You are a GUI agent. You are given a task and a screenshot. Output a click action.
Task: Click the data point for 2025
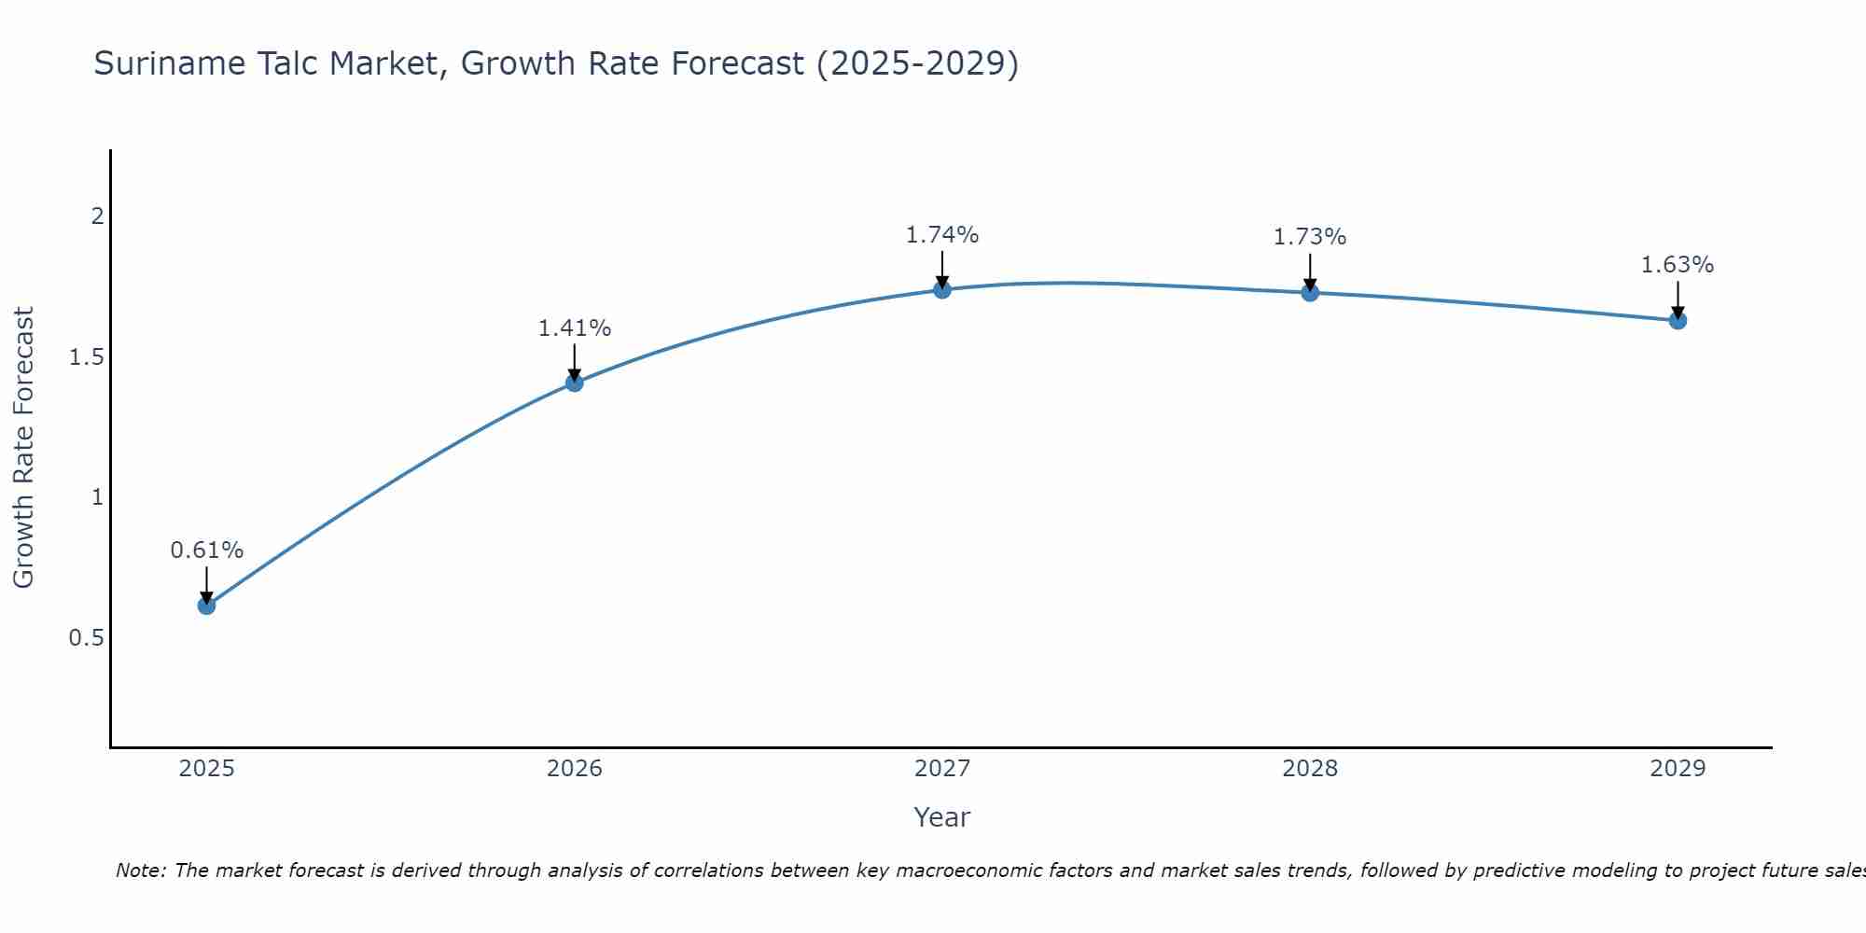click(206, 606)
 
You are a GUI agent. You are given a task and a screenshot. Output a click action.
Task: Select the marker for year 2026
click(575, 383)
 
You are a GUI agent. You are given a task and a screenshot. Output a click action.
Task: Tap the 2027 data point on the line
click(942, 289)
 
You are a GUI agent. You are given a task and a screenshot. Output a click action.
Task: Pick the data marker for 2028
click(1310, 293)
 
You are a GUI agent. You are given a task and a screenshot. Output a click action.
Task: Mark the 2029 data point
click(1678, 321)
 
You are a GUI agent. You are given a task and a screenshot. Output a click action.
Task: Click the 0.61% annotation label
click(206, 550)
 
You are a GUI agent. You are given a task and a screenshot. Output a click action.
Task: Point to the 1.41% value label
click(575, 328)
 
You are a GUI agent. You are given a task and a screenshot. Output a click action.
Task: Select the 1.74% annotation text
click(942, 235)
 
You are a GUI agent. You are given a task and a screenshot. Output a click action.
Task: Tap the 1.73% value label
click(1310, 237)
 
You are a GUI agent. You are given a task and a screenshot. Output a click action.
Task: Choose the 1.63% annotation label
click(1678, 265)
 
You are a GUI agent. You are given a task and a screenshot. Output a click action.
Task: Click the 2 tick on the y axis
click(97, 216)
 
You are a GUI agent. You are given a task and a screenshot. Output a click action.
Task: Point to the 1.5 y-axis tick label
click(87, 357)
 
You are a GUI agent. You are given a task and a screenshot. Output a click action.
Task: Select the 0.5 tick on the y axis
click(87, 638)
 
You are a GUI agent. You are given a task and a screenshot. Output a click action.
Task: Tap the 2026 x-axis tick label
click(575, 769)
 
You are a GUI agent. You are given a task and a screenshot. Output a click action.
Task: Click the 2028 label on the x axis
click(1310, 769)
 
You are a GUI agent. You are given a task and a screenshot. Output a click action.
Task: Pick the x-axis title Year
click(942, 817)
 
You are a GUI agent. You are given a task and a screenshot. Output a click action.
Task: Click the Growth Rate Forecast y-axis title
click(24, 448)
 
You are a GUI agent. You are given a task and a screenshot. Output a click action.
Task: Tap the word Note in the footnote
click(140, 870)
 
